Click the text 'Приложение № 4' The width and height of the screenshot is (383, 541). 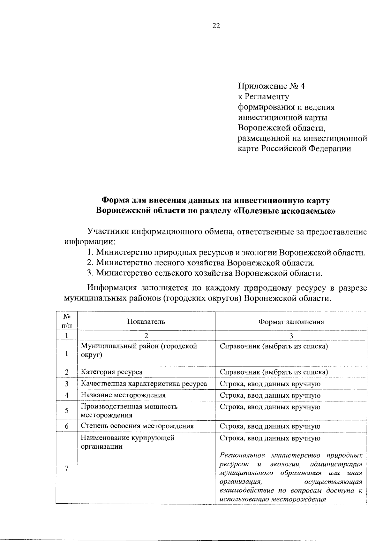point(271,86)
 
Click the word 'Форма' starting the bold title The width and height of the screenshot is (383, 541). point(114,201)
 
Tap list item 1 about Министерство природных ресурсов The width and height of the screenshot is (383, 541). point(226,252)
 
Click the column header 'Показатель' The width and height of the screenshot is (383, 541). point(146,321)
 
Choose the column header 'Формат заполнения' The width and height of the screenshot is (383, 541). point(291,322)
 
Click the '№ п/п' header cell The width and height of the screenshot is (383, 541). point(67,321)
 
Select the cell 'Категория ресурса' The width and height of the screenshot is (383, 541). point(112,372)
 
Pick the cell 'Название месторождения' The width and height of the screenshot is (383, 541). point(123,395)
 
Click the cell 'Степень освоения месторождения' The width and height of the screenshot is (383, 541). point(137,426)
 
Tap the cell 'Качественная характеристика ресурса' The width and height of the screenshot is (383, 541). point(144,384)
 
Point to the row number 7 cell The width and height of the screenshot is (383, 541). point(66,468)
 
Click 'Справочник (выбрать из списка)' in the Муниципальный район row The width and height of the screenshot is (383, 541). point(274,346)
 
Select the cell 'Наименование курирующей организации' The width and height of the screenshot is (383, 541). point(128,442)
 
